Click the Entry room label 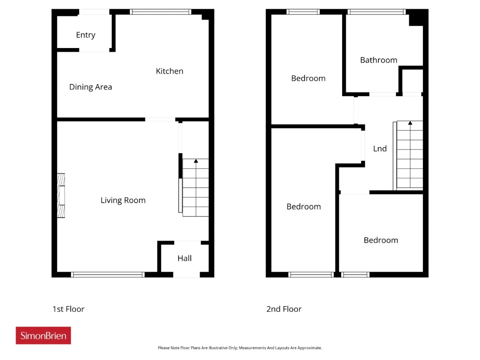pyautogui.click(x=85, y=35)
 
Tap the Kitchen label pyautogui.click(x=169, y=71)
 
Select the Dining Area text pyautogui.click(x=90, y=87)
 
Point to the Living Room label pyautogui.click(x=123, y=200)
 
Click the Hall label pyautogui.click(x=184, y=258)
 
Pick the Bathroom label pyautogui.click(x=378, y=60)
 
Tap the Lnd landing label pyautogui.click(x=380, y=148)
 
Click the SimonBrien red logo pyautogui.click(x=43, y=335)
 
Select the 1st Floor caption pyautogui.click(x=68, y=309)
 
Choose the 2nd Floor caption pyautogui.click(x=284, y=309)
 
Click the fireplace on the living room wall pyautogui.click(x=61, y=195)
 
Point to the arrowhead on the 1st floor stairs pyautogui.click(x=196, y=161)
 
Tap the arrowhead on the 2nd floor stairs pyautogui.click(x=410, y=123)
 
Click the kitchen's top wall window pyautogui.click(x=160, y=12)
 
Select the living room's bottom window pyautogui.click(x=108, y=274)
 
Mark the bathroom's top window pyautogui.click(x=376, y=12)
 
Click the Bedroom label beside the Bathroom pyautogui.click(x=308, y=78)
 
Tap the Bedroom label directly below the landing pyautogui.click(x=381, y=240)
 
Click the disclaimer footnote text pyautogui.click(x=240, y=348)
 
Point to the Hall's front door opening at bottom pyautogui.click(x=186, y=275)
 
